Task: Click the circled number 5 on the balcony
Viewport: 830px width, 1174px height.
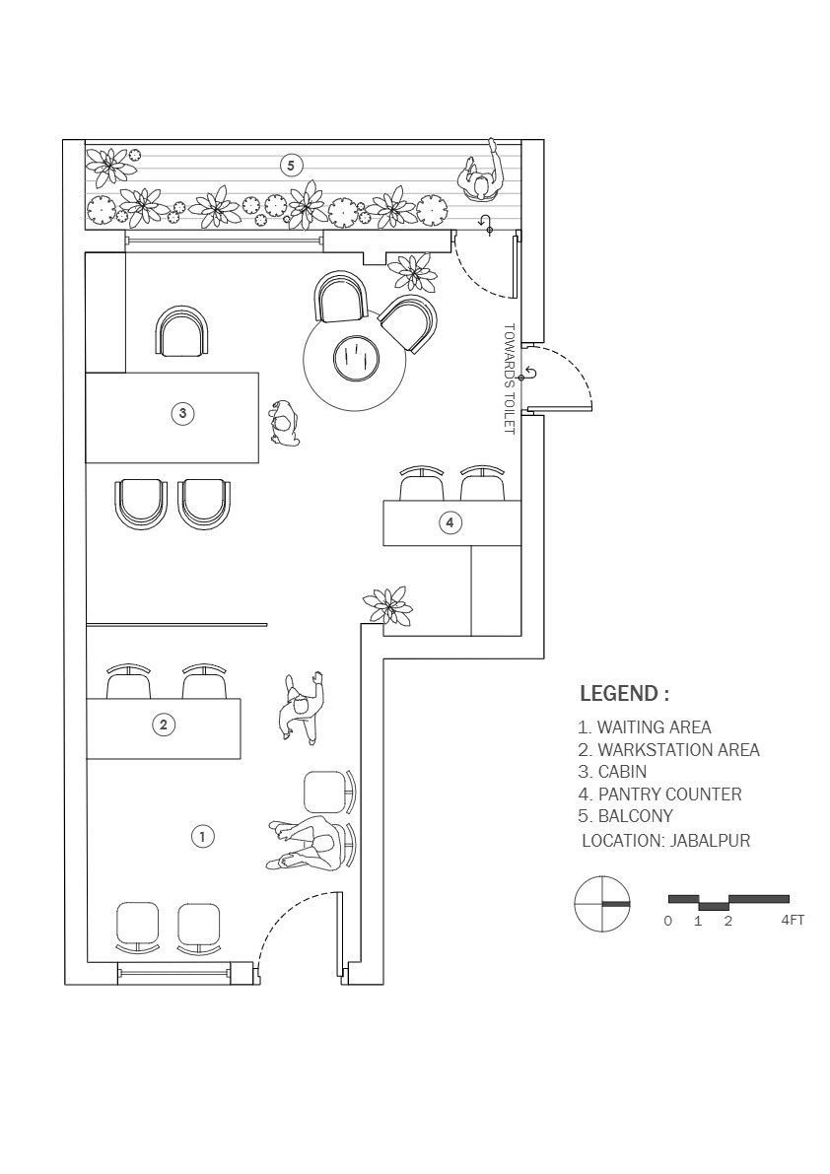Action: coord(291,165)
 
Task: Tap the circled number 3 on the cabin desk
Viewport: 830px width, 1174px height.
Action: coord(182,413)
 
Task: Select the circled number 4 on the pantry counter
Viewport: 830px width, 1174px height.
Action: coord(450,522)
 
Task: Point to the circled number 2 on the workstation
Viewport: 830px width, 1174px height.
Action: coord(164,725)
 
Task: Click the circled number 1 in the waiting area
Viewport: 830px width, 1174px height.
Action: coord(203,836)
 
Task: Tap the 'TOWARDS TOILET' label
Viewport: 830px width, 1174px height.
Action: coord(510,379)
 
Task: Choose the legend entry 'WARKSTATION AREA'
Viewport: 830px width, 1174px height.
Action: coord(668,749)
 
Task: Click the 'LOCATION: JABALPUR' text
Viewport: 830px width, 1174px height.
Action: coord(665,840)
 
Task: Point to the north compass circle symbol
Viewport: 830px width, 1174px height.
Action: coord(602,904)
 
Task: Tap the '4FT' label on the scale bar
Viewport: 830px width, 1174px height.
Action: coord(793,921)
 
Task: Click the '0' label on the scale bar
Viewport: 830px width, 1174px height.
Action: coord(668,921)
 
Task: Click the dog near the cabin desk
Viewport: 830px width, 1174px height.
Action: coord(285,424)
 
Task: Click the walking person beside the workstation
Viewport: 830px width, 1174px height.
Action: coord(303,709)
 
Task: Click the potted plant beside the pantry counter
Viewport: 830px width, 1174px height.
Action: coord(387,605)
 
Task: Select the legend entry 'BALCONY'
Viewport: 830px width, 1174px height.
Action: coord(626,816)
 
